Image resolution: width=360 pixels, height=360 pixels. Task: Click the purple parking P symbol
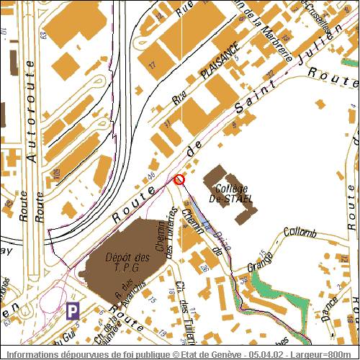73,311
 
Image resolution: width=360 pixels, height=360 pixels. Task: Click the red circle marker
179,179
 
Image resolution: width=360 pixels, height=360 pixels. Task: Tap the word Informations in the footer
30,355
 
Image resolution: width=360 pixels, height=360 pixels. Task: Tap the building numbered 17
152,64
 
